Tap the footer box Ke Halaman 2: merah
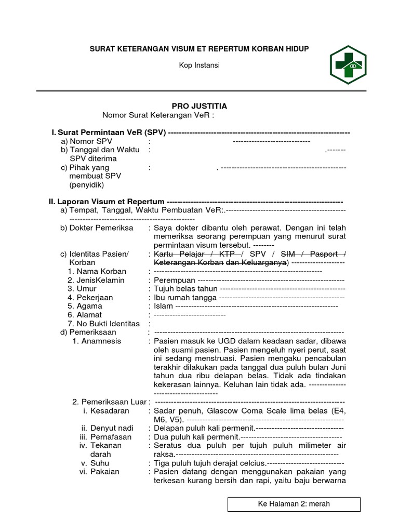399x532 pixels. click(294, 504)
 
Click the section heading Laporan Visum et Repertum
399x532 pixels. click(111, 202)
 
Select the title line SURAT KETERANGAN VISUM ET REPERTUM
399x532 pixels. click(199, 49)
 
